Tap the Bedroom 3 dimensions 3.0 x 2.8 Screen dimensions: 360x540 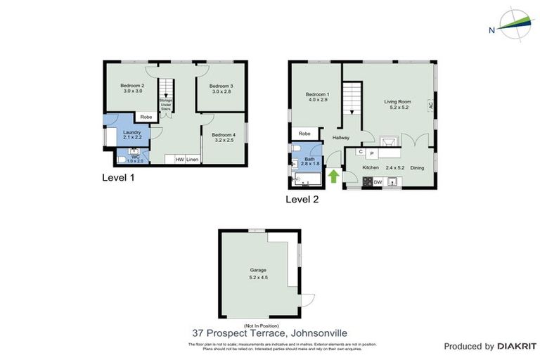pos(221,91)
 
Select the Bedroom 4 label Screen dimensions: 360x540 pos(224,135)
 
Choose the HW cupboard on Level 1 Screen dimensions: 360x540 pos(180,160)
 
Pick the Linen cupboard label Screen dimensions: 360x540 pos(192,160)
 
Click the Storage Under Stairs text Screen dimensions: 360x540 pos(166,105)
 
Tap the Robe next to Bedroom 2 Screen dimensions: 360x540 pos(146,117)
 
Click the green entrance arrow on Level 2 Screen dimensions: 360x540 pos(333,175)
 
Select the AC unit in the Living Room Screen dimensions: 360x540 pos(430,103)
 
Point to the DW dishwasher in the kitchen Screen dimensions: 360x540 pos(378,183)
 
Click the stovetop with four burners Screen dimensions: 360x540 pos(367,183)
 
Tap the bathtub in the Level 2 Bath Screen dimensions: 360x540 pos(305,180)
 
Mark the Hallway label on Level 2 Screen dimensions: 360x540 pos(341,138)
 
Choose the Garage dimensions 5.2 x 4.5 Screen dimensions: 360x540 pos(259,277)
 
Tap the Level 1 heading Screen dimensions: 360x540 pos(118,178)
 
